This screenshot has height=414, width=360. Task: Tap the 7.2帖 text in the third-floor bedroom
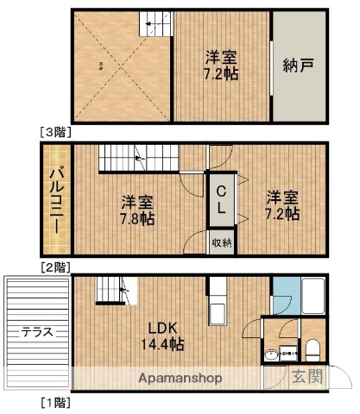pos(222,73)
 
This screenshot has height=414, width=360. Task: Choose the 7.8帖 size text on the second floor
pos(137,219)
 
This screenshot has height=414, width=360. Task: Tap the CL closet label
pos(222,199)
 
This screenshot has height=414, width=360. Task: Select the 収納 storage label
pos(221,243)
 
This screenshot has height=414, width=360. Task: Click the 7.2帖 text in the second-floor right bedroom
pos(282,212)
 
